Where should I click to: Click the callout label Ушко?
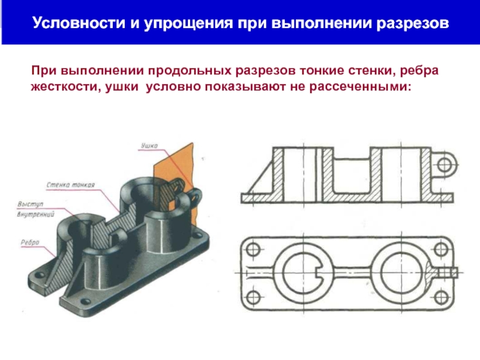149,145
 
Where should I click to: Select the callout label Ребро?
31,242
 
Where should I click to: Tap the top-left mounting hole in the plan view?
252,248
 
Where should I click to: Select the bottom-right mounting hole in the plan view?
442,295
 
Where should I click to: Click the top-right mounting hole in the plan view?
442,248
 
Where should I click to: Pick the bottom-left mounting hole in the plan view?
252,295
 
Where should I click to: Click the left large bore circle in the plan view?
298,271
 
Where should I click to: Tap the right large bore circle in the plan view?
397,271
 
